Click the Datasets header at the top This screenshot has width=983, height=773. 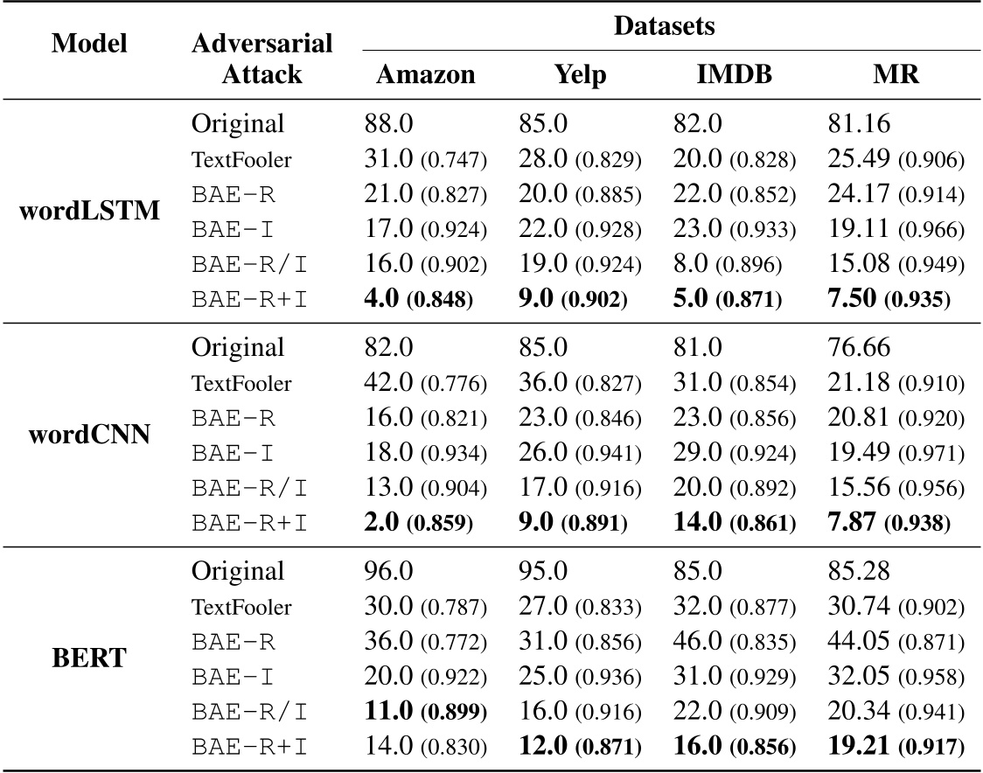coord(664,26)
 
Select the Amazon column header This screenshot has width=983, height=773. coord(426,74)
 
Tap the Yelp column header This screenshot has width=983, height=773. coord(579,74)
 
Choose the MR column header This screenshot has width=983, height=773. coord(895,74)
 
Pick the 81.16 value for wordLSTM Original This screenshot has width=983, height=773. coord(857,123)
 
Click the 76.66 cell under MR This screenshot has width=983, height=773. coord(857,347)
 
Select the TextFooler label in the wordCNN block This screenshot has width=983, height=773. coord(241,383)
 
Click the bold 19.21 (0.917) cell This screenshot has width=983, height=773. coord(895,746)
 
